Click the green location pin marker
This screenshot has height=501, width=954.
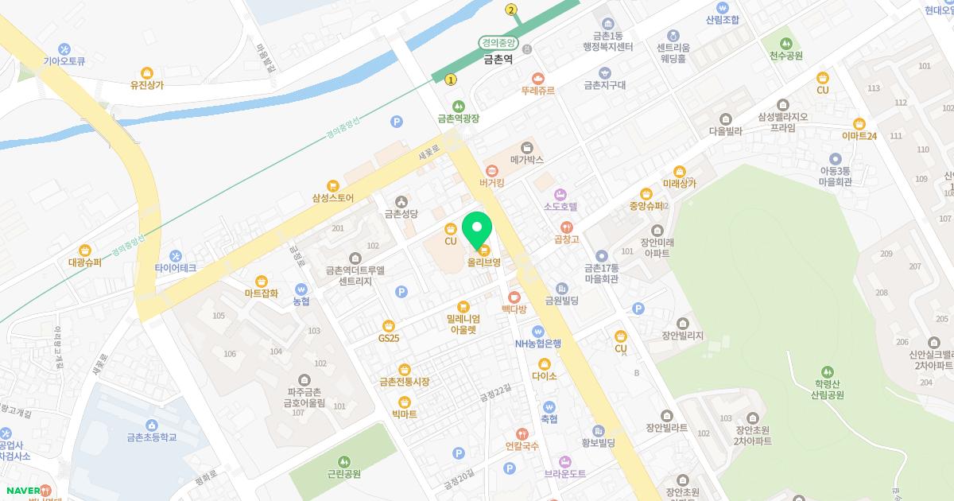(477, 228)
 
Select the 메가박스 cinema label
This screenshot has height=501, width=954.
(526, 160)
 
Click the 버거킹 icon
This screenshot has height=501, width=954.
(491, 169)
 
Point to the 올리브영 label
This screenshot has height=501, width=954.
(483, 262)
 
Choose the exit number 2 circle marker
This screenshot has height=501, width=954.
(511, 10)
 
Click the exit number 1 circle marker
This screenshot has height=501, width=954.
(452, 79)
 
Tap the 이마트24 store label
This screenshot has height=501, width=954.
(859, 136)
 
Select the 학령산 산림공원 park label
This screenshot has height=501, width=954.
(828, 388)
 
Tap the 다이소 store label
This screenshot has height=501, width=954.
(545, 375)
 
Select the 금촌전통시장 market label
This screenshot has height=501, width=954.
(405, 382)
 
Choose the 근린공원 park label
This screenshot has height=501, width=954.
(344, 473)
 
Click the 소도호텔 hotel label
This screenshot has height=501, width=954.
(560, 207)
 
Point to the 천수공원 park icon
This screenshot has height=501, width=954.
(786, 42)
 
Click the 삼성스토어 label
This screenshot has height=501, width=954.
(333, 197)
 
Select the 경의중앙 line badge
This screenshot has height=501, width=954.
(499, 43)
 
